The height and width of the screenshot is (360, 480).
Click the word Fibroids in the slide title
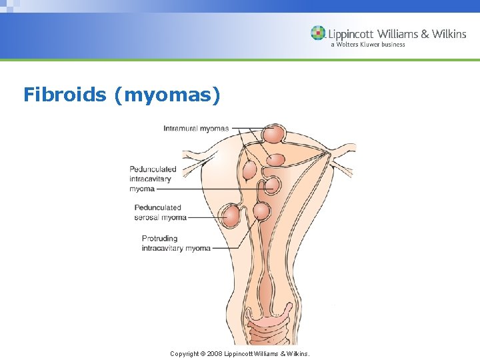(65, 95)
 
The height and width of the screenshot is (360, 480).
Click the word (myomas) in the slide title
(167, 95)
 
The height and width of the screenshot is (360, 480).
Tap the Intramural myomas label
(196, 128)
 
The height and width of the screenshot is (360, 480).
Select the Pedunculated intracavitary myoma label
(153, 179)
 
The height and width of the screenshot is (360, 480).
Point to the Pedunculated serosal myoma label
(160, 212)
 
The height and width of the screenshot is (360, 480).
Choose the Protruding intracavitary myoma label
(176, 243)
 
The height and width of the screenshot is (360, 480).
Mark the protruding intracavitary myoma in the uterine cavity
(261, 211)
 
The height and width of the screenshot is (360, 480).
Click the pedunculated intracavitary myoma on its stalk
(271, 185)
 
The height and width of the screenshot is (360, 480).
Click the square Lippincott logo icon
(318, 33)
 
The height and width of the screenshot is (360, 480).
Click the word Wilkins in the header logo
(449, 33)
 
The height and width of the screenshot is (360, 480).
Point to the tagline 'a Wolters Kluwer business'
(367, 45)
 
